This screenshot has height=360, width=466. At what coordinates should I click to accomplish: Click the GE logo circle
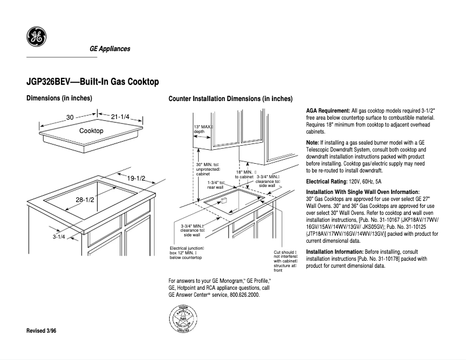pos(36,38)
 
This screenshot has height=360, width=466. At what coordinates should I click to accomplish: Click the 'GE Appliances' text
pos(109,49)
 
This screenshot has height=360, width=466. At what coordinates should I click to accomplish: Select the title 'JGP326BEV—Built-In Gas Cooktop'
pos(93,82)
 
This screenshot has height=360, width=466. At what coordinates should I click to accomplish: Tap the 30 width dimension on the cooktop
pos(70,117)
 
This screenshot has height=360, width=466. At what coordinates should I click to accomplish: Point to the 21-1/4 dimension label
pos(120,117)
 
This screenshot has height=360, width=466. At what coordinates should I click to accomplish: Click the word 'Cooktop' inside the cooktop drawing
pos(91,131)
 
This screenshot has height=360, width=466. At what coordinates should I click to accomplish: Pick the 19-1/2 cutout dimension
pos(137,178)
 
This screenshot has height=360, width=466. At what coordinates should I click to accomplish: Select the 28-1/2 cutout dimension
pos(85,200)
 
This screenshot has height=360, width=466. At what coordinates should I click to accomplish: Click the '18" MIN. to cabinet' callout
pos(245,174)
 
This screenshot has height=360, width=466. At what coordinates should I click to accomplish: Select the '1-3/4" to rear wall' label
pos(216,185)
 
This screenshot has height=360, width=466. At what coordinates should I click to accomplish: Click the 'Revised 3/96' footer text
pos(42,330)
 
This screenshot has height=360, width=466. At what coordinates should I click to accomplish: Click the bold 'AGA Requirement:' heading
pos(328,110)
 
